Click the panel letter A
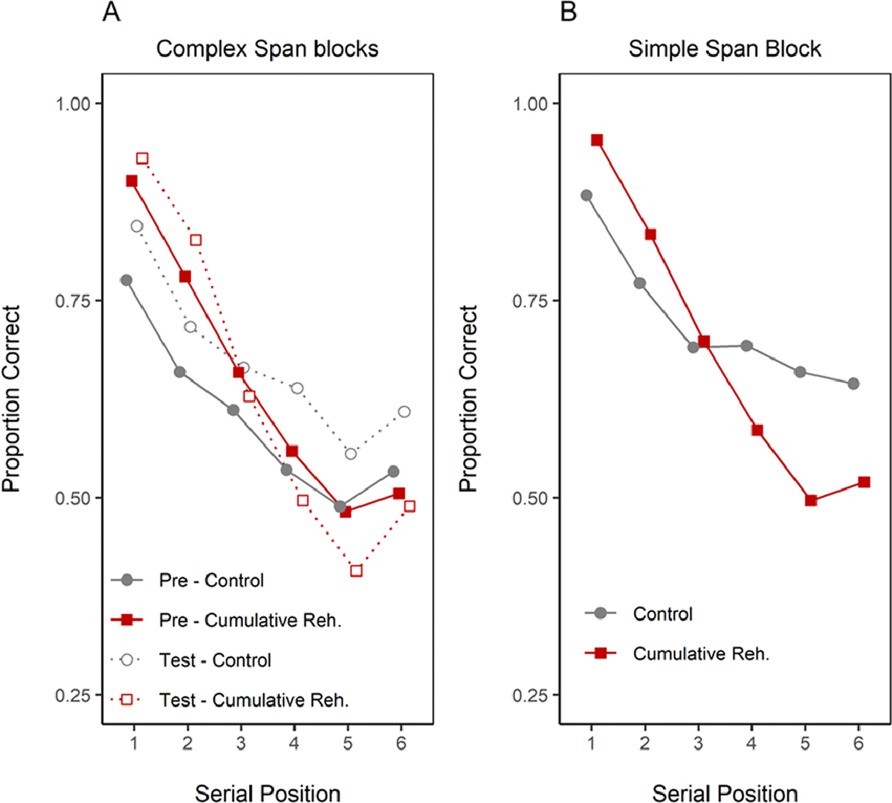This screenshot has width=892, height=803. [x=111, y=12]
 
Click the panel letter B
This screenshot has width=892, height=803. [x=569, y=12]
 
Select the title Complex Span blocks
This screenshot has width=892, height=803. [x=267, y=49]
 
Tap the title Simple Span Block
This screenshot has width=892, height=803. [x=725, y=49]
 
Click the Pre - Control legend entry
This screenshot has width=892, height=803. [x=211, y=580]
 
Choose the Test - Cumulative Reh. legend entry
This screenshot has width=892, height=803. [x=253, y=700]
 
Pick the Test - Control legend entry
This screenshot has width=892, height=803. [x=215, y=660]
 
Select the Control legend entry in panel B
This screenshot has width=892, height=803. [x=662, y=613]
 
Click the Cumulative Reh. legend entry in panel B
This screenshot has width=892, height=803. [x=701, y=654]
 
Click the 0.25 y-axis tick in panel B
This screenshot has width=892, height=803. [x=531, y=695]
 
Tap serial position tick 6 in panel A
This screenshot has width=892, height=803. [x=401, y=744]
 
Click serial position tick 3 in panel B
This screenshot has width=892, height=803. [x=698, y=744]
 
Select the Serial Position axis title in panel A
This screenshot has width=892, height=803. [x=268, y=793]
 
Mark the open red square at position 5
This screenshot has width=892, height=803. [x=356, y=571]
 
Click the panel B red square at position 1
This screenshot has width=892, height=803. [x=597, y=140]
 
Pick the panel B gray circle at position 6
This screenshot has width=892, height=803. [x=853, y=384]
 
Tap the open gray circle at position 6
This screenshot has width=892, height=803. [x=404, y=412]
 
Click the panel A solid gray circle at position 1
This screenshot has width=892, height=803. [x=126, y=280]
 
